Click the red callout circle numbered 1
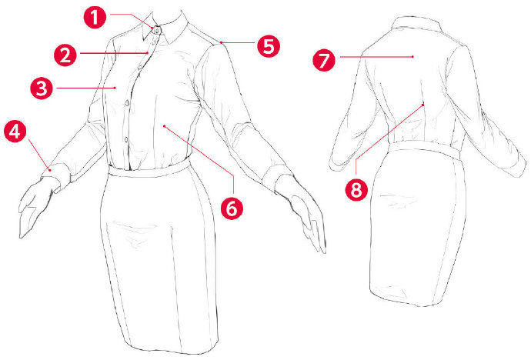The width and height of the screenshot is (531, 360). (x=95, y=17)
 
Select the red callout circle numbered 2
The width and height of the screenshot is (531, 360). (x=65, y=55)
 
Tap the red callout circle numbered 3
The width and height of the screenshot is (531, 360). (x=42, y=88)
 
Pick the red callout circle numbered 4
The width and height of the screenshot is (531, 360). (x=15, y=131)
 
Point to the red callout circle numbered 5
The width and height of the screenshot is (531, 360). (x=269, y=45)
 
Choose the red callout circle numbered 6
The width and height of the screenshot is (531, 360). (x=232, y=208)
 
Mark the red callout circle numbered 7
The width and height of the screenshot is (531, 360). (x=324, y=59)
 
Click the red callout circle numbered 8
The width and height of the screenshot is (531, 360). (x=356, y=189)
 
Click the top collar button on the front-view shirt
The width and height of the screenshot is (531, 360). (x=157, y=31)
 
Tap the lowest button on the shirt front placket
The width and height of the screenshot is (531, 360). (x=126, y=138)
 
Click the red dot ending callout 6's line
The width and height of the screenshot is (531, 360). (x=164, y=126)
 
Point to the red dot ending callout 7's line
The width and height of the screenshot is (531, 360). (x=412, y=57)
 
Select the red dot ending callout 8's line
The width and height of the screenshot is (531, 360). (x=423, y=105)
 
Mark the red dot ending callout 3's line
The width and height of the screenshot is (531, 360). (x=115, y=88)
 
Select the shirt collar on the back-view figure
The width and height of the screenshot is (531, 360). (x=416, y=25)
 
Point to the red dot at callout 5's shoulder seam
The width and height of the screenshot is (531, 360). (x=221, y=42)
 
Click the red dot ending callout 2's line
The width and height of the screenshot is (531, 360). (x=148, y=53)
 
